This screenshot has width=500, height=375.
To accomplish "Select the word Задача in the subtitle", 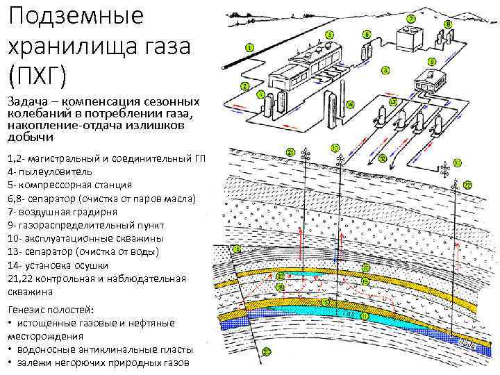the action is (28, 101).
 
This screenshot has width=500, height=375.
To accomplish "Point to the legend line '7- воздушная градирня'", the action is (62, 211).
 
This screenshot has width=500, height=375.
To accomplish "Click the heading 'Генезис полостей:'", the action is (53, 310).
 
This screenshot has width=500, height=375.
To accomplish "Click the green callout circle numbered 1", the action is (249, 47).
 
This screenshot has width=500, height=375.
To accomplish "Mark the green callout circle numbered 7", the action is (411, 18).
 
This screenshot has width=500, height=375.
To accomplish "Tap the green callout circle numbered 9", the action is (431, 61).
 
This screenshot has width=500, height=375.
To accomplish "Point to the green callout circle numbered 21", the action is (290, 151).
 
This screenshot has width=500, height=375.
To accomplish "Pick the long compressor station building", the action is (306, 66).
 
